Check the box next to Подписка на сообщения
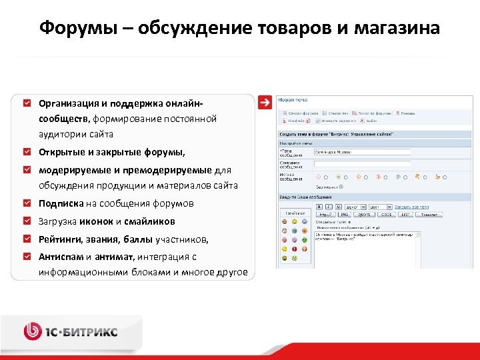[27, 203]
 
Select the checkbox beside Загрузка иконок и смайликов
[27, 221]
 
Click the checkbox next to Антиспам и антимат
[27, 256]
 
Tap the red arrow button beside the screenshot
[265, 103]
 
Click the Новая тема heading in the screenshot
[293, 100]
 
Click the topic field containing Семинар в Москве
[343, 152]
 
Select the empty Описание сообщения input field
[343, 163]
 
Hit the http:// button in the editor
[324, 215]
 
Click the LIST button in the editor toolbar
[405, 215]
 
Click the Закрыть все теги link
[415, 207]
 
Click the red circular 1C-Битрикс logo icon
[33, 330]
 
